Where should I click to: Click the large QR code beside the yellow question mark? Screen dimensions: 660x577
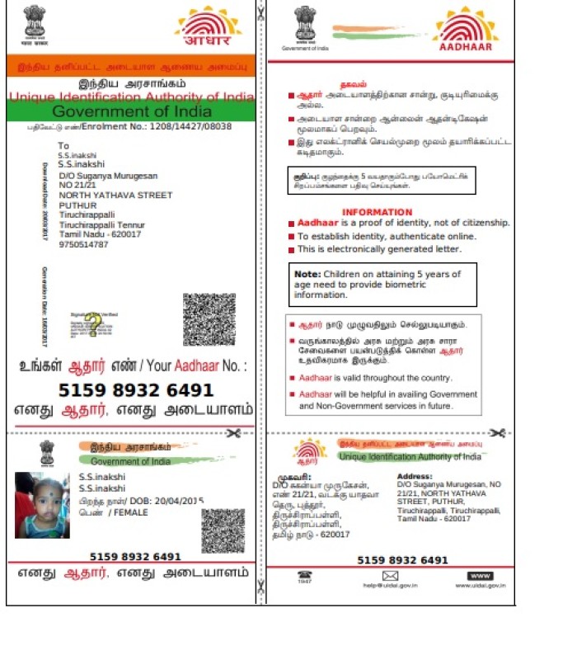tap(209, 319)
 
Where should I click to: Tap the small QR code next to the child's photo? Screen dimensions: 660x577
tap(223, 530)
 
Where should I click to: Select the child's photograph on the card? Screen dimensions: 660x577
tap(42, 505)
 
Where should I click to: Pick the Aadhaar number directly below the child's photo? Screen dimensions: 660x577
tap(135, 557)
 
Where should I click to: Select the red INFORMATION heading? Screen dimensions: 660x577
tap(377, 212)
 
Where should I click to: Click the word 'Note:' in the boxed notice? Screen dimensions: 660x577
tap(307, 274)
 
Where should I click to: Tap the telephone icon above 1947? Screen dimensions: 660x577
tap(305, 575)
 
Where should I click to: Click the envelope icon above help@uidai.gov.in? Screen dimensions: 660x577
tap(390, 575)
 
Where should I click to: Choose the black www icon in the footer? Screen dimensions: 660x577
tap(479, 575)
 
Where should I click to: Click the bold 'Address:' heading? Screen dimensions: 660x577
tap(415, 476)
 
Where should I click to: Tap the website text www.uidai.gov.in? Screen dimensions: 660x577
tap(480, 586)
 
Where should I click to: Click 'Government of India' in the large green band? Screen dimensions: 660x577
tap(131, 111)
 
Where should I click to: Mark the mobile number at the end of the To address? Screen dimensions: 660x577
tap(83, 244)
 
